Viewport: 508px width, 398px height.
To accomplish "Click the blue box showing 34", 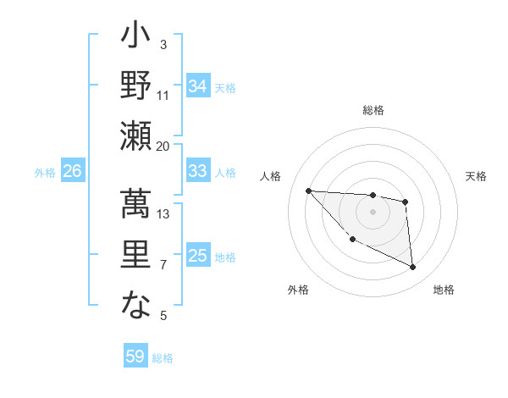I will [198, 86].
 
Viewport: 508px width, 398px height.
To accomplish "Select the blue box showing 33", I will [198, 171].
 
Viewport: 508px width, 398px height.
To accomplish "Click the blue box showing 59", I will [135, 357].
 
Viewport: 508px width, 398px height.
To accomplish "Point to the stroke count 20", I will [163, 146].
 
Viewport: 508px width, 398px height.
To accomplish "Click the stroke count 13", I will [163, 214].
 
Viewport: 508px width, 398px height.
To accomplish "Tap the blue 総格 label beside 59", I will [163, 358].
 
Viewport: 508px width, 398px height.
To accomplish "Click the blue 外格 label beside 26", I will [45, 173].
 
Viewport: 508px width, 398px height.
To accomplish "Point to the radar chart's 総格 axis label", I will [373, 110].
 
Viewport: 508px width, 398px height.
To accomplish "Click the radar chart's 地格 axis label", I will [444, 290].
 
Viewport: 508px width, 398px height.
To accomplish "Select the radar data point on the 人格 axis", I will [308, 191].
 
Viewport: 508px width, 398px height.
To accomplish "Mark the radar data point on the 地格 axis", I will [413, 268].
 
